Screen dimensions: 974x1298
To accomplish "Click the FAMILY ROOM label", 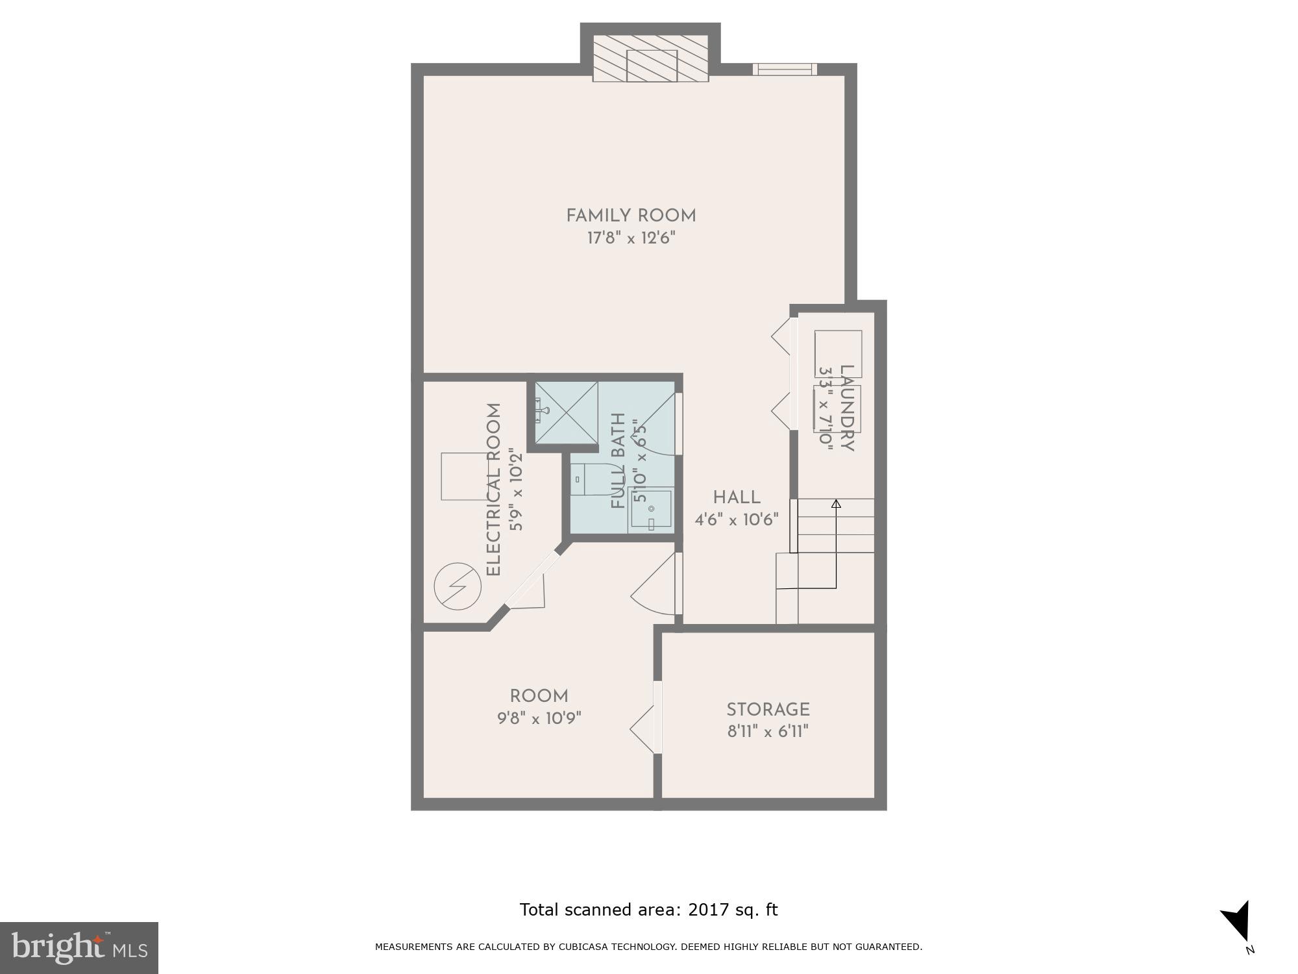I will [631, 216].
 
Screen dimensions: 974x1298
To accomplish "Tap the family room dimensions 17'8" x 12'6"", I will [631, 238].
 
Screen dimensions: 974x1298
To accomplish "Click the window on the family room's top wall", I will [785, 69].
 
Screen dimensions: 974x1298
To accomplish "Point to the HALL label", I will [737, 498].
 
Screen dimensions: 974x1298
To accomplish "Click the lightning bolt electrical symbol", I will [458, 586].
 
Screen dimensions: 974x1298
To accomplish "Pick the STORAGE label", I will [768, 710].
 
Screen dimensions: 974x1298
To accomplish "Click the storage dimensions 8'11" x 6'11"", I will [768, 732].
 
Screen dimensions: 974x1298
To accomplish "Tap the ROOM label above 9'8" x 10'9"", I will [539, 696].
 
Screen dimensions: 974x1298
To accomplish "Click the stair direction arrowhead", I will [836, 503].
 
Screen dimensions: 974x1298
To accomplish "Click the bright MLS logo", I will [79, 948].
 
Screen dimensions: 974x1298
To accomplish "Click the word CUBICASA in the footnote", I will [580, 947].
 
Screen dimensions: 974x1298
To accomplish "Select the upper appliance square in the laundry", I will [838, 353].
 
